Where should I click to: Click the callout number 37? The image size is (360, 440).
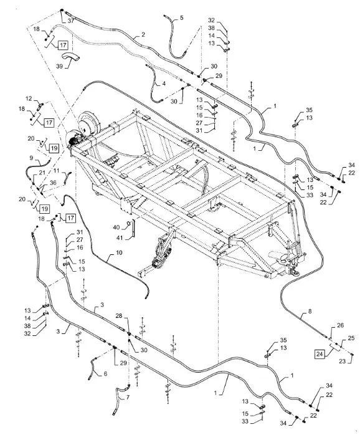pyautogui.click(x=70, y=21)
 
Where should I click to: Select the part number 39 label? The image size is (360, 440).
pyautogui.click(x=59, y=66)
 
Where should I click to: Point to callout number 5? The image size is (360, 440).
pyautogui.click(x=181, y=17)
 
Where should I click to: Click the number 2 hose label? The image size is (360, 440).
pyautogui.click(x=143, y=35)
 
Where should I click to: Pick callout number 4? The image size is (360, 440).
pyautogui.click(x=164, y=84)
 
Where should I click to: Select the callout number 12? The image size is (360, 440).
pyautogui.click(x=29, y=98)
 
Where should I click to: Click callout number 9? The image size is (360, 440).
pyautogui.click(x=31, y=158)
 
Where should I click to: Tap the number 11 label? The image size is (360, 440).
pyautogui.click(x=56, y=171)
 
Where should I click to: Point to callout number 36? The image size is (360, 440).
pyautogui.click(x=53, y=183)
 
